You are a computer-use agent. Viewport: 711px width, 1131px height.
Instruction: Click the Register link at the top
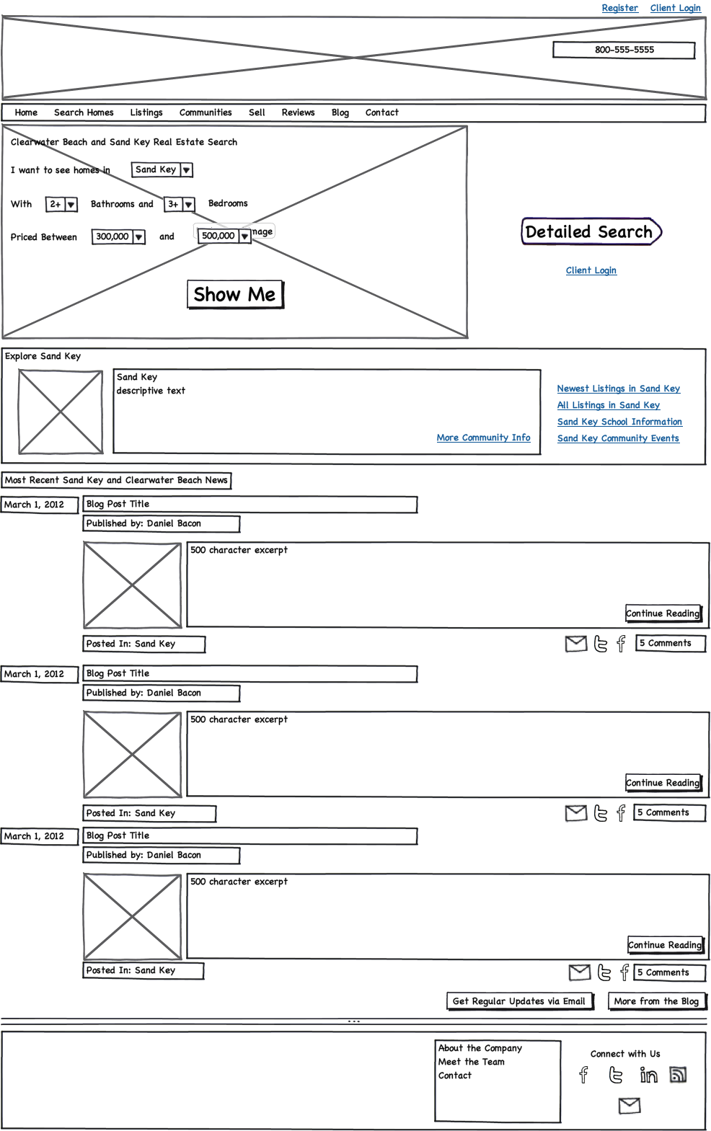619,8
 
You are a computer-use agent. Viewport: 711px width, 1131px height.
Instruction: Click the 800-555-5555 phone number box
624,50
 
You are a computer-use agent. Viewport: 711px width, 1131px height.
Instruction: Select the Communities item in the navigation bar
206,112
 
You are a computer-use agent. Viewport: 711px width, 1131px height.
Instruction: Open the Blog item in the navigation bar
340,112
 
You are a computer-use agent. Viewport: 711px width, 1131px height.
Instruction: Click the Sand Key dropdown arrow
186,170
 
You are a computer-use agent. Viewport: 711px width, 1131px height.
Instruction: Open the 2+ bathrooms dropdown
71,205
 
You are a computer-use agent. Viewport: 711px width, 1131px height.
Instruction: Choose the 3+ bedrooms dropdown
187,205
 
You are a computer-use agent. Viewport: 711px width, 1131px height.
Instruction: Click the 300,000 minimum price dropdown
138,237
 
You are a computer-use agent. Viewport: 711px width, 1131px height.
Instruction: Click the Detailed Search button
589,232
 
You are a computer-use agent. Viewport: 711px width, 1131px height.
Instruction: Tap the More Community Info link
483,438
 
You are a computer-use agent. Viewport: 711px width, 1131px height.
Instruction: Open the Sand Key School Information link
619,422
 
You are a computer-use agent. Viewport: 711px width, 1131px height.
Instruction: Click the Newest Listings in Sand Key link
618,389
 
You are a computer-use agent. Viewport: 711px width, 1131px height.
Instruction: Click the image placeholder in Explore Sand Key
60,412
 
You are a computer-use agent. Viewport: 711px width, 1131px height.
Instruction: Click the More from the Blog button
656,1001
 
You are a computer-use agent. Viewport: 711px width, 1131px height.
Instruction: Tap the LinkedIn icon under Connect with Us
648,1075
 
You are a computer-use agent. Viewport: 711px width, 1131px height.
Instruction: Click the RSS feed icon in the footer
678,1075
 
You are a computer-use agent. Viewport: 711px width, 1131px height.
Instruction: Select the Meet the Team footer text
472,1062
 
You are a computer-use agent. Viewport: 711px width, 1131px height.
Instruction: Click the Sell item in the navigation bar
257,112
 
